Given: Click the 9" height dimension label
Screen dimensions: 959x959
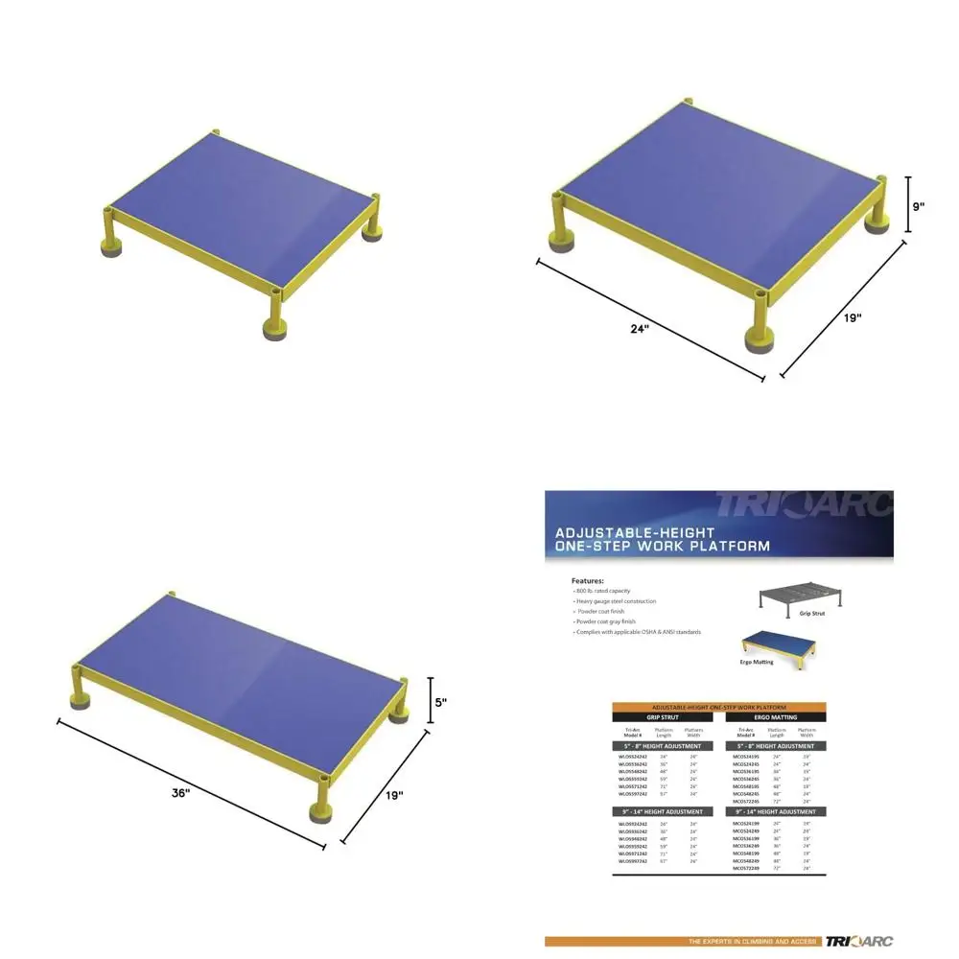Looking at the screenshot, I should [x=918, y=206].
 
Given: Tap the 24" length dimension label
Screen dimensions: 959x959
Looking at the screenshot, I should [x=640, y=329].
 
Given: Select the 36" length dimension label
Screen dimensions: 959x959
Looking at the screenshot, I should [x=180, y=793].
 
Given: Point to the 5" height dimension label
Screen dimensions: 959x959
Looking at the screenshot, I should [x=440, y=702].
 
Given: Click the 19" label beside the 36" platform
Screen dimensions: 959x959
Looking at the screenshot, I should [x=393, y=795].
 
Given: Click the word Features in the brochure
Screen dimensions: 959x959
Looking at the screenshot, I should [x=588, y=581].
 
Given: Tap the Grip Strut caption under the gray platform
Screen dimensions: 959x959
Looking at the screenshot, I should [x=810, y=612].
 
